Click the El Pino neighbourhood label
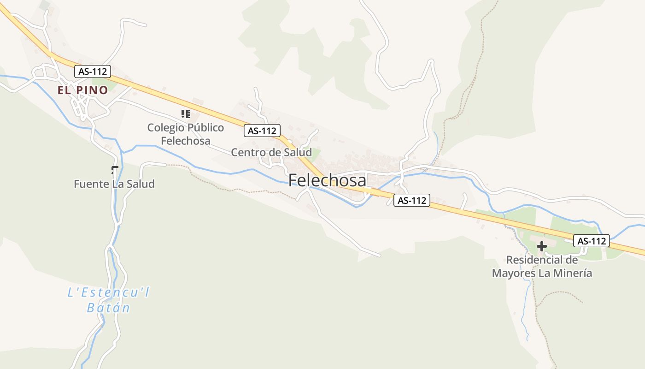coord(82,90)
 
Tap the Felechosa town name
coord(327,180)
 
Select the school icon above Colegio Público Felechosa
coord(186,114)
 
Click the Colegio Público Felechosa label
coord(186,134)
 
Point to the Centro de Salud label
coord(271,152)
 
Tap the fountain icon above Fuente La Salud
coord(115,170)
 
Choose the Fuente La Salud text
coord(114,184)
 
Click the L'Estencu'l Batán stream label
coord(108,300)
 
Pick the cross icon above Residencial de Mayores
coord(542,246)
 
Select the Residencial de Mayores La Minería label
coord(542,266)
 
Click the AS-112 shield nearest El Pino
coord(93,71)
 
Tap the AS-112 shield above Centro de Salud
coord(262,131)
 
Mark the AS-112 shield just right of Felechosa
coord(412,200)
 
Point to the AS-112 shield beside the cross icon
coord(592,240)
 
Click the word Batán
coord(108,308)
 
